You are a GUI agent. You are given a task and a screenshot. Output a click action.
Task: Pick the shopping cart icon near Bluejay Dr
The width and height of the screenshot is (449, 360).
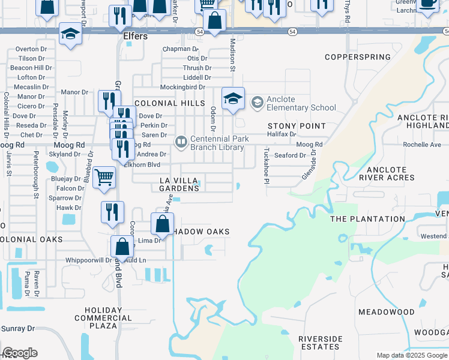coord(104,178)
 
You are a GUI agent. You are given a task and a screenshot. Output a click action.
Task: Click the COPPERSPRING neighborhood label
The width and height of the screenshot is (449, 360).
coord(357,57)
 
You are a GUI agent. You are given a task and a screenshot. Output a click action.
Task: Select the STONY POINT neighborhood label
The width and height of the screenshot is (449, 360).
coord(297,126)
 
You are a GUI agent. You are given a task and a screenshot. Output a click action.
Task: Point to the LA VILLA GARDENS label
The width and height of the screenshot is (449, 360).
coord(179,184)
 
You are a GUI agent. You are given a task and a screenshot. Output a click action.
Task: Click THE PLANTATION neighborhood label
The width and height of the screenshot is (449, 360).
coord(367,219)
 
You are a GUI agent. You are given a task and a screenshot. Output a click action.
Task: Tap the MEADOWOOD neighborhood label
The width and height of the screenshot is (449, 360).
coord(386,312)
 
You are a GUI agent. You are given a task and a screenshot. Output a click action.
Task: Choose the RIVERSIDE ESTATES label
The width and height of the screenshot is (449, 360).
coord(320,343)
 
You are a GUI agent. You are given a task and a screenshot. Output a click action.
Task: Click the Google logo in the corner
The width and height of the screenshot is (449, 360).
coord(20,353)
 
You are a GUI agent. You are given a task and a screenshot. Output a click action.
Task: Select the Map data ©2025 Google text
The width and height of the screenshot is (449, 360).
coord(412,355)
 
